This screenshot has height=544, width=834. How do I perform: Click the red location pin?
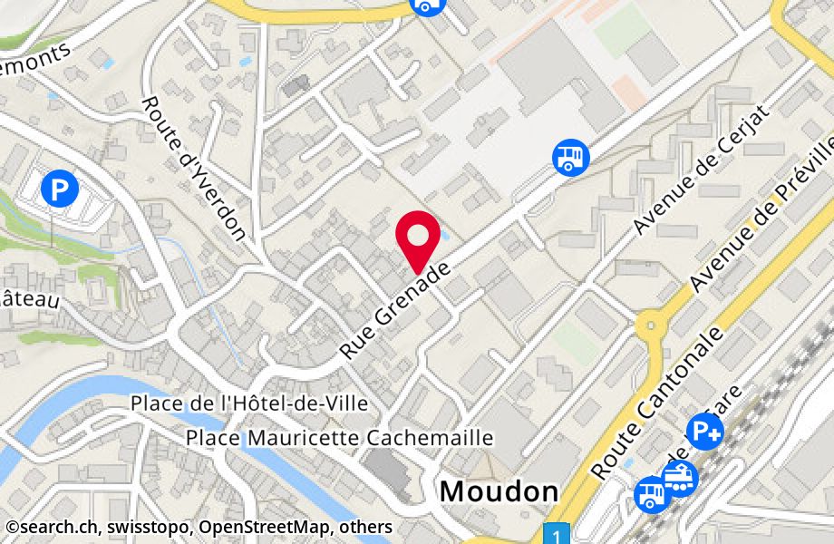click(419, 238)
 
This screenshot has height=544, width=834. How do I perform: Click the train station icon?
click(680, 476)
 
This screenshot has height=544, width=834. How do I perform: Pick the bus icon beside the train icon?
click(651, 494)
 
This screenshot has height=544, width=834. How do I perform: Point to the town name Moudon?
click(499, 491)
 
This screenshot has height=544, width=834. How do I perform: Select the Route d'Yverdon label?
click(193, 168)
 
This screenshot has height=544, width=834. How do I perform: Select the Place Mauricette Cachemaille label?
click(339, 438)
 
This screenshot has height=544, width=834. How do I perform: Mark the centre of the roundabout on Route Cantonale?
click(650, 324)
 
